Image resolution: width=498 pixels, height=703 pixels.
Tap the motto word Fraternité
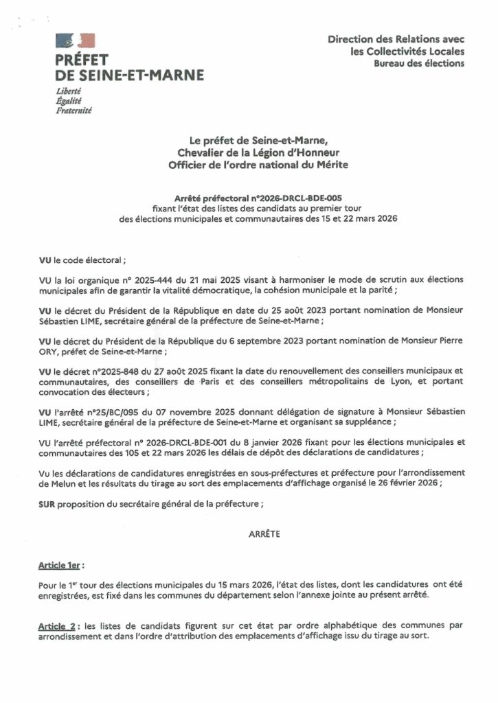(75, 110)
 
